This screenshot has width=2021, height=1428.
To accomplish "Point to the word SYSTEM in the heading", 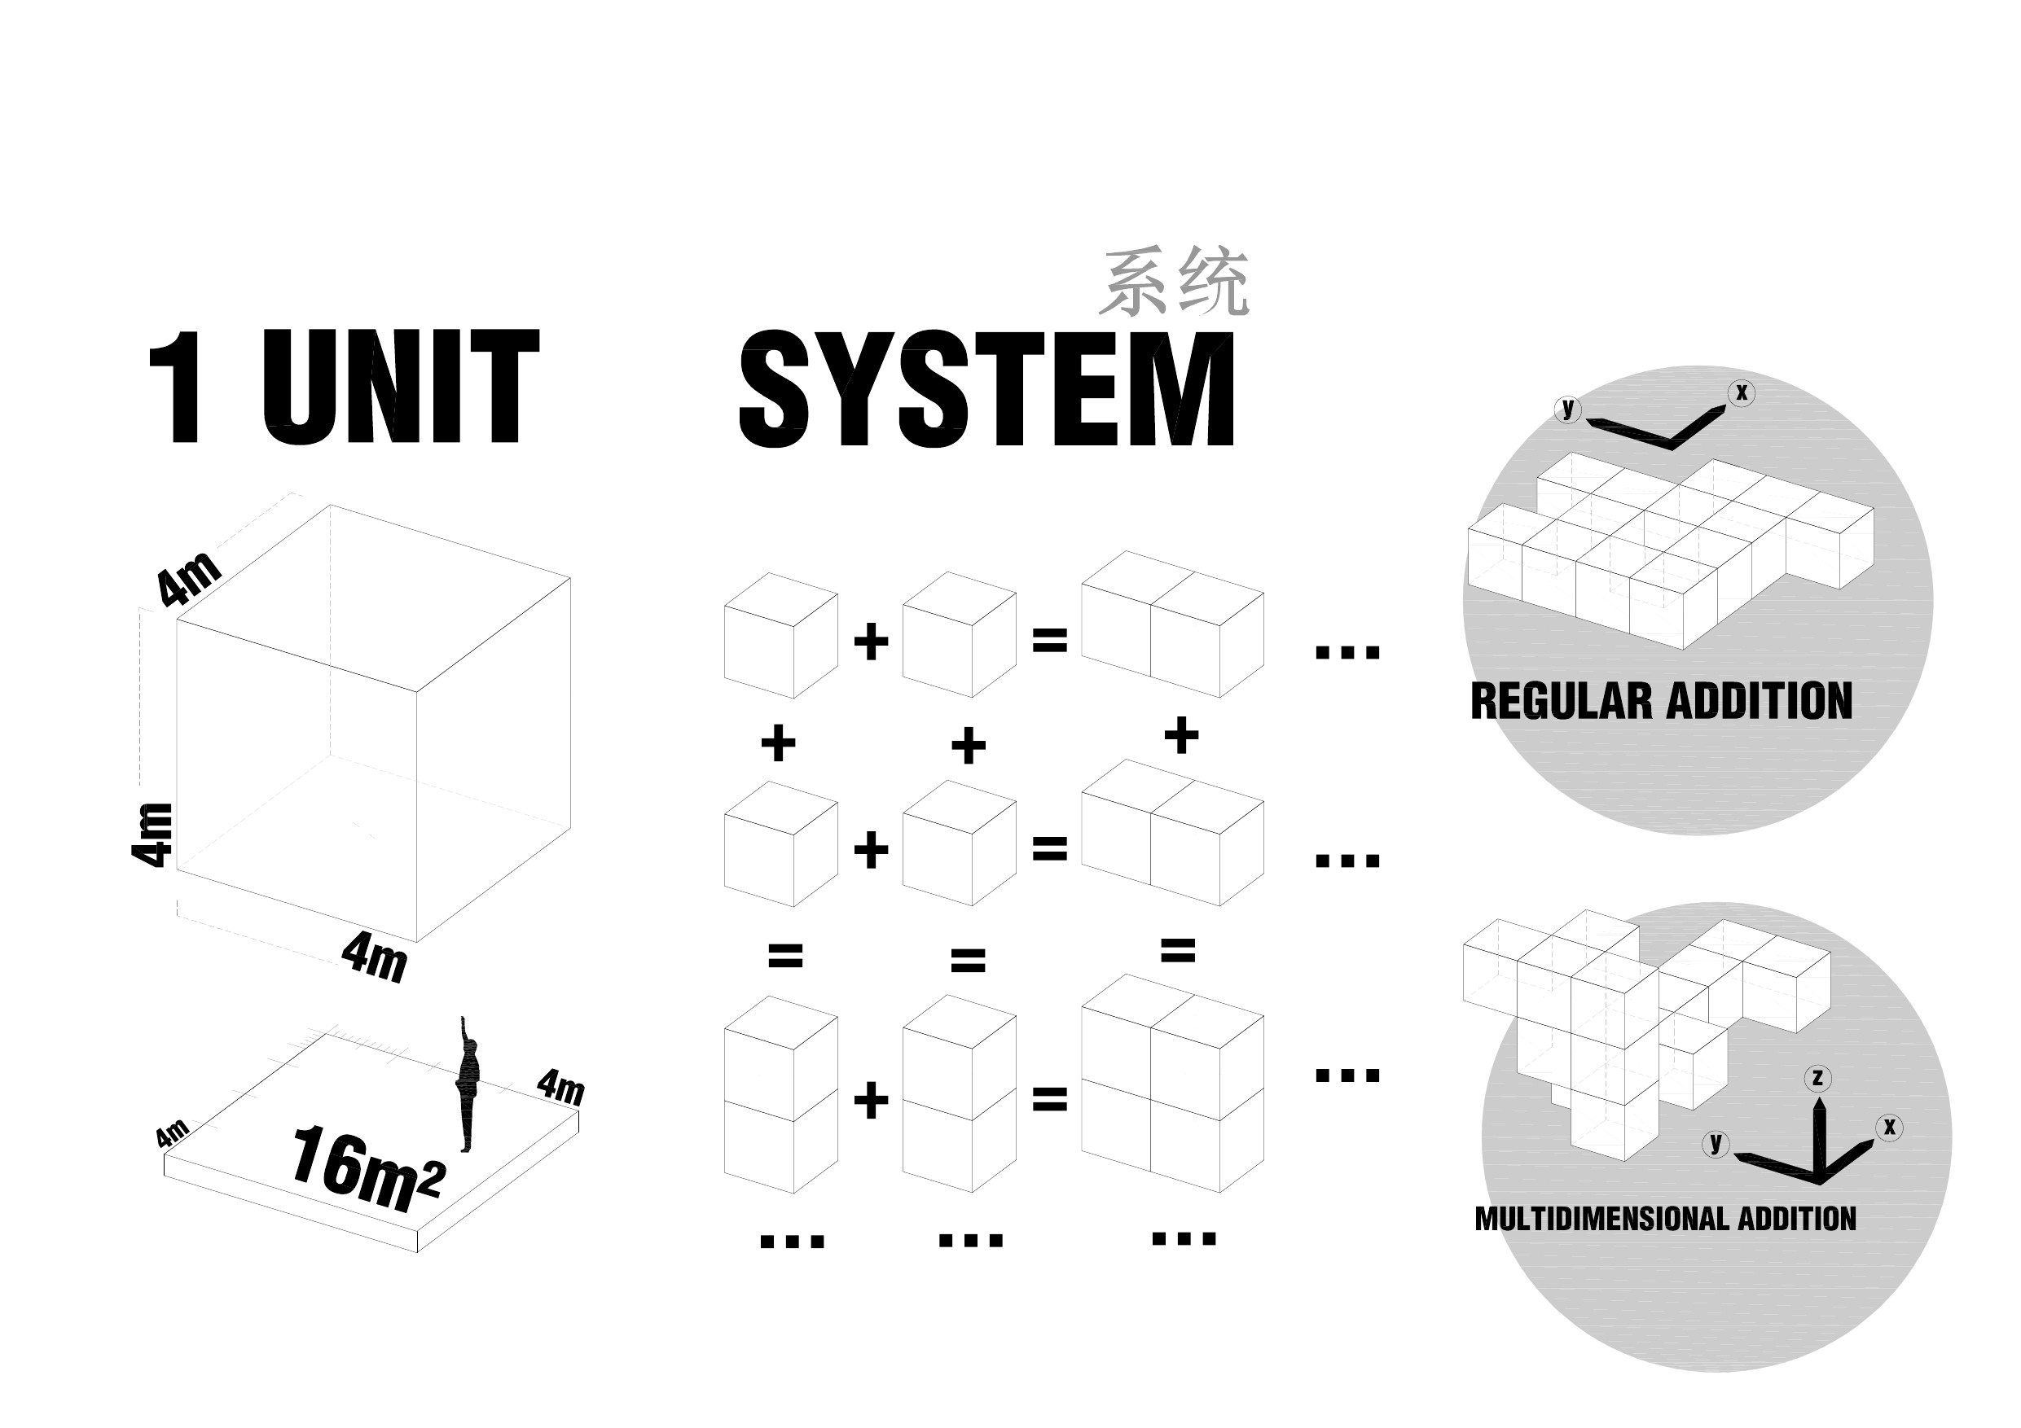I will (986, 389).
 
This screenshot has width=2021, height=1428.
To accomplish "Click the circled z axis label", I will (1817, 1079).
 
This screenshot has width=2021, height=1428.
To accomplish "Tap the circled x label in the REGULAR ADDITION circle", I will (1741, 393).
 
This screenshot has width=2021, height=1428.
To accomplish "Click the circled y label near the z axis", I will (1716, 1143).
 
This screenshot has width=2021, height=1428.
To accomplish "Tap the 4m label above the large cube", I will (188, 578).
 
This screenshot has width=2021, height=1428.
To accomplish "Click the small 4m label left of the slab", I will (172, 1133).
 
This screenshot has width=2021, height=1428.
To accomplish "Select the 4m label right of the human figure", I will (561, 1087).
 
